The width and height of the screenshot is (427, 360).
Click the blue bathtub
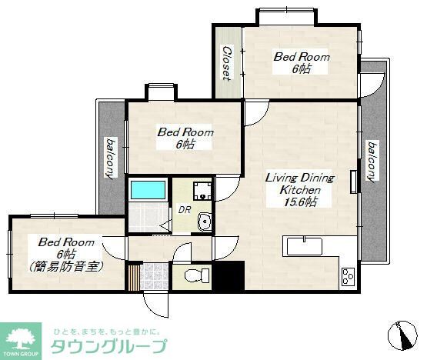(148, 190)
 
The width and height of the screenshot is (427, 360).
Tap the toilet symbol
(197, 275)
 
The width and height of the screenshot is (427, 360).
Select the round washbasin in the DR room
(204, 222)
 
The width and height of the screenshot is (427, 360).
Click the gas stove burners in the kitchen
(348, 277)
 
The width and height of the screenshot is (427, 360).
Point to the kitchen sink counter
(302, 246)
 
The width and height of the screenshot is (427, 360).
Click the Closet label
(226, 63)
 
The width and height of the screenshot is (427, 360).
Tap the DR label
(185, 210)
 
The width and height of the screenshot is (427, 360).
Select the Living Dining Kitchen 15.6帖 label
(299, 189)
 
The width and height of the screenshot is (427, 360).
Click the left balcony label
(110, 158)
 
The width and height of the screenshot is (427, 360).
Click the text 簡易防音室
(65, 267)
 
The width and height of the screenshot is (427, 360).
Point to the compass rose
(402, 335)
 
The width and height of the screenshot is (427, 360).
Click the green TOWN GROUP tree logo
(21, 342)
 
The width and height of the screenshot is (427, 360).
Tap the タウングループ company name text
(108, 346)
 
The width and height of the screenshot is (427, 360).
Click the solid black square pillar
(229, 275)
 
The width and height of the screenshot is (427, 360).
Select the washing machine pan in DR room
(202, 191)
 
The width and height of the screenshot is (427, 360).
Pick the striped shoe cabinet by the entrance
(134, 276)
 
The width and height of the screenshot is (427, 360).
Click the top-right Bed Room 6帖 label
(301, 62)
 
